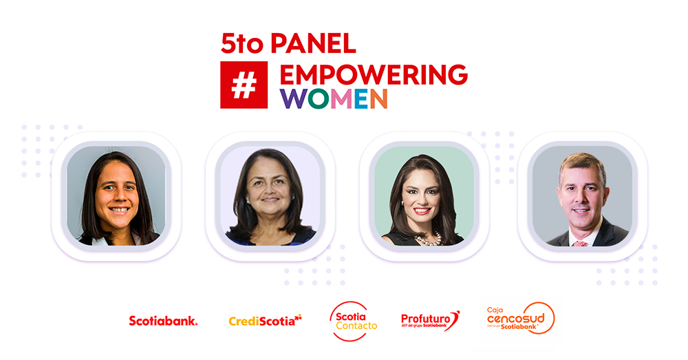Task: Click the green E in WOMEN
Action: [356, 98]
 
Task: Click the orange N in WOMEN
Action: [378, 98]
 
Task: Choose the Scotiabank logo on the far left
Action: [163, 320]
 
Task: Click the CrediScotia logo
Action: [265, 320]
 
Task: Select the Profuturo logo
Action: [430, 320]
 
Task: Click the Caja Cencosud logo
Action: [520, 319]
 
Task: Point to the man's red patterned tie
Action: [580, 242]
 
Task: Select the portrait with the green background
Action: [424, 196]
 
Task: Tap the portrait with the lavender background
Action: [270, 196]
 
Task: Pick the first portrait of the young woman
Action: [116, 196]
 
